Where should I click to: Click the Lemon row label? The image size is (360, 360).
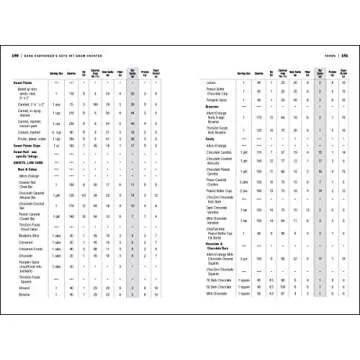tap(213, 82)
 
